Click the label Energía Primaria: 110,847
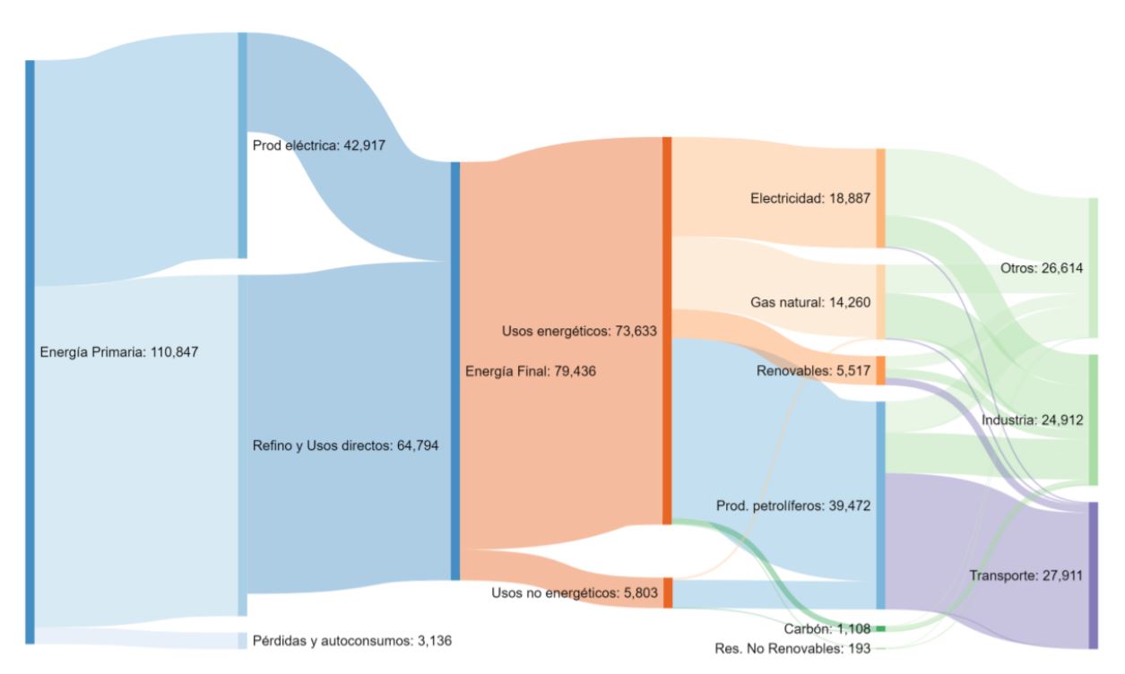pos(119,352)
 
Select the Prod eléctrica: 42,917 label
pos(319,145)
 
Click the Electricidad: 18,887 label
pos(810,197)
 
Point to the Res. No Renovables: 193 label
pos(792,648)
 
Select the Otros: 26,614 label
pos(1042,268)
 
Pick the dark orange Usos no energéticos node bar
pos(668,593)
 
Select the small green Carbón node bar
pos(880,629)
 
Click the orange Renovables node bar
pos(880,370)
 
